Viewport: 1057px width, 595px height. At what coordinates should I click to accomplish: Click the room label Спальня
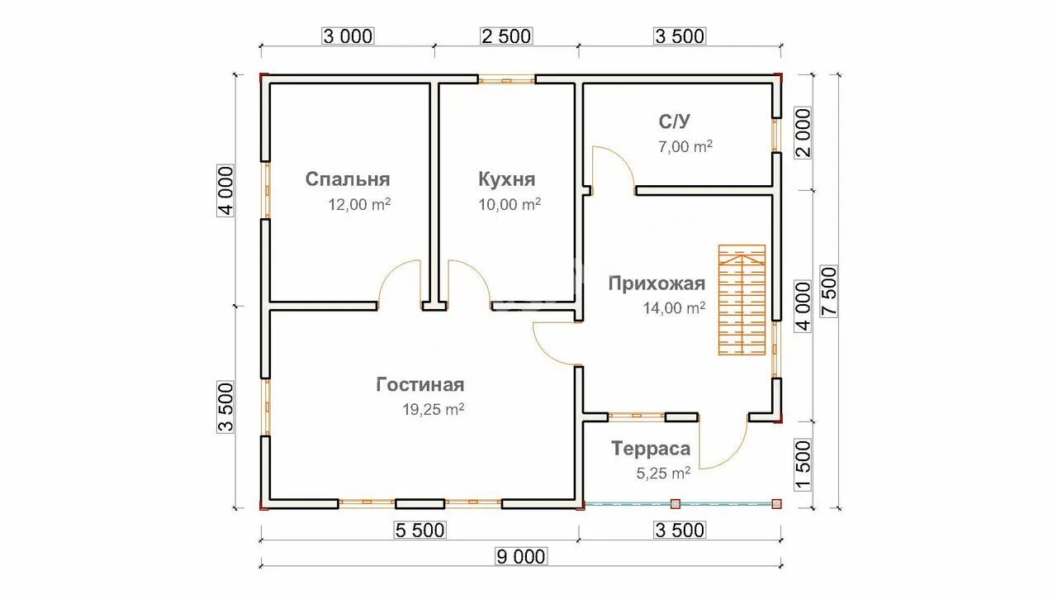click(x=347, y=179)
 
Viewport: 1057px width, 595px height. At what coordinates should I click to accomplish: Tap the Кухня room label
click(x=506, y=179)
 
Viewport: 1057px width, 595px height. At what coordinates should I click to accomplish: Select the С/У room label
click(x=674, y=121)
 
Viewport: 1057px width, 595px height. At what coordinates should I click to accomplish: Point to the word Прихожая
click(x=656, y=284)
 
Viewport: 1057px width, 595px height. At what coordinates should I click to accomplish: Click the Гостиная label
click(x=420, y=384)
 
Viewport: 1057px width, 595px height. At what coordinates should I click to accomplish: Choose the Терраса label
click(x=651, y=449)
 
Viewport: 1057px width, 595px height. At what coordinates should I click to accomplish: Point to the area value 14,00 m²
click(x=674, y=308)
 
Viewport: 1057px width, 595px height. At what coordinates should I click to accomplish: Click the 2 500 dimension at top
click(x=506, y=36)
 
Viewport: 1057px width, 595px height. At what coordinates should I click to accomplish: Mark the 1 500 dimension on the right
click(x=802, y=464)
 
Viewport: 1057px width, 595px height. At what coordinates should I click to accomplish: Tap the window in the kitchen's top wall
click(x=507, y=80)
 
